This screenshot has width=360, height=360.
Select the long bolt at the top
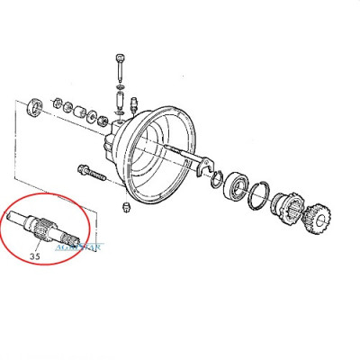pyautogui.click(x=119, y=67)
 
